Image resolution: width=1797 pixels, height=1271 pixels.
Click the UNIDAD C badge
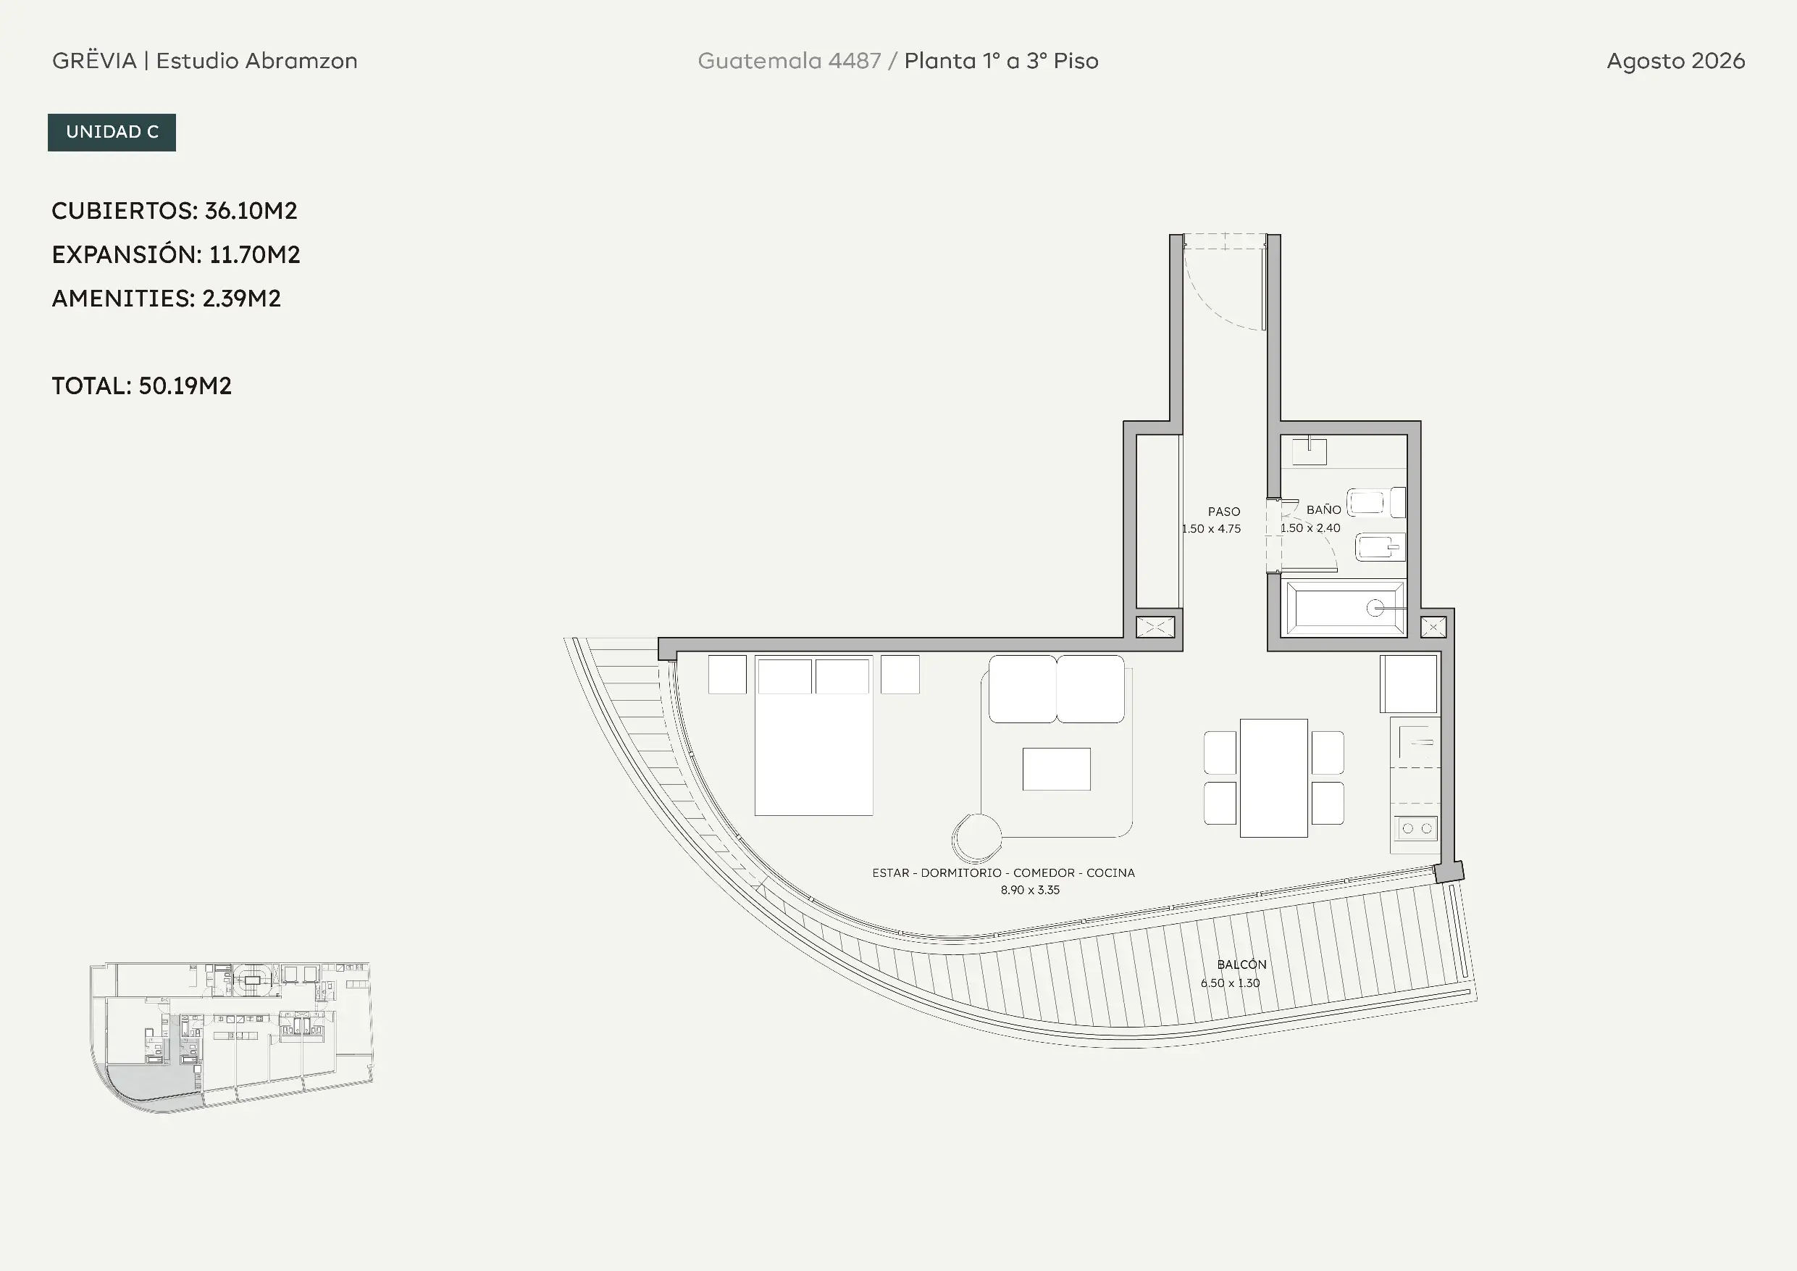(x=112, y=133)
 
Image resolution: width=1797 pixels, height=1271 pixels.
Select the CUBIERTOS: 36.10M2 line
(x=175, y=211)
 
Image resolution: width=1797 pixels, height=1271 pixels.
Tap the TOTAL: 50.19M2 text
(x=142, y=386)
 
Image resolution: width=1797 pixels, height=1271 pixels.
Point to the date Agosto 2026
(x=1676, y=61)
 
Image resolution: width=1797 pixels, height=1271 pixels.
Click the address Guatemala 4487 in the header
(x=789, y=61)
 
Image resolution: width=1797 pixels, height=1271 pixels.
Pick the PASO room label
(x=1224, y=512)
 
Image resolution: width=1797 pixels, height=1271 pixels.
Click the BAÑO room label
(x=1323, y=510)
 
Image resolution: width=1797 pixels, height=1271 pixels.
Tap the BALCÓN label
(x=1241, y=964)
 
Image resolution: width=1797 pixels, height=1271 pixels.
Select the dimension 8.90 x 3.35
(x=1030, y=890)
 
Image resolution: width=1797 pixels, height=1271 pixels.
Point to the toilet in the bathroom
(x=1376, y=503)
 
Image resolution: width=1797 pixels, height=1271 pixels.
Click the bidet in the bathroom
(x=1381, y=547)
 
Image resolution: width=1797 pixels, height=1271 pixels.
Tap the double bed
(x=814, y=736)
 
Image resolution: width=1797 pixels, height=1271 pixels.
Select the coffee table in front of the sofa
(x=1057, y=769)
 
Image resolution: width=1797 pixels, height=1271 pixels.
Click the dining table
(x=1273, y=778)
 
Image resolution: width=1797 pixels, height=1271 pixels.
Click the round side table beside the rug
(x=977, y=838)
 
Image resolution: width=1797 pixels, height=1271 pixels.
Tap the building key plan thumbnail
(x=231, y=1037)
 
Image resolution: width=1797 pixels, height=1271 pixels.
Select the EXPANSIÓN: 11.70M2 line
(x=176, y=254)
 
